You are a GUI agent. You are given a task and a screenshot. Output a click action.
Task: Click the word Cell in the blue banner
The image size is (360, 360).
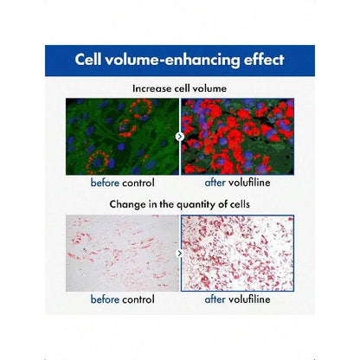coord(88,60)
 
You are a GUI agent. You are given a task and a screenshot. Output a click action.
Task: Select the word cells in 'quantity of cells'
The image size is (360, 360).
coord(240,204)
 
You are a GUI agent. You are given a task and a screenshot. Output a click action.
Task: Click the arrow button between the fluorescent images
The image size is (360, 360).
coord(180,137)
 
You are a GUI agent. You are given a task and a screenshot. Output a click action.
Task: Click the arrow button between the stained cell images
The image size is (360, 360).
coord(180,254)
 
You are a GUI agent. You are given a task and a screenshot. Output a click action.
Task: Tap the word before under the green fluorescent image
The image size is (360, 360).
coord(105,183)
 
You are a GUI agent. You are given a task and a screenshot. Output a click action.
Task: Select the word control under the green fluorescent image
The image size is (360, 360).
coord(138,183)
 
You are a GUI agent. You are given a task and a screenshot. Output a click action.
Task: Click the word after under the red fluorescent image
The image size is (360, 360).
coord(215,183)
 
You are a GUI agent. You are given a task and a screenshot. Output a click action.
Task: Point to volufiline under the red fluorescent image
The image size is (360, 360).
coord(249,183)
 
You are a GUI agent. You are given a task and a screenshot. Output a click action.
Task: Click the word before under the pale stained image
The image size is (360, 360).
coord(105,299)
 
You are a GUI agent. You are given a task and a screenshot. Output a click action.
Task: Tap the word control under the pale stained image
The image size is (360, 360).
coord(138,299)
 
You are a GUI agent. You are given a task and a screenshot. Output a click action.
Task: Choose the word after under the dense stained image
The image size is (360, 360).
coord(215,299)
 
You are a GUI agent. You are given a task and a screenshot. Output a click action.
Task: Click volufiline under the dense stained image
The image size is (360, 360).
coord(249,299)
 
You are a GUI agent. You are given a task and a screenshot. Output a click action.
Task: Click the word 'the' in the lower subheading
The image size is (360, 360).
coord(167,204)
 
